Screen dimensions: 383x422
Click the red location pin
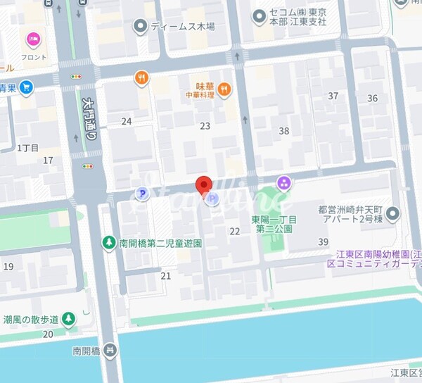pyautogui.click(x=203, y=185)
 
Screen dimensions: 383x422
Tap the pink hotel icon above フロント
pyautogui.click(x=32, y=40)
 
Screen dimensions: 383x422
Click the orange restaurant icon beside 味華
pyautogui.click(x=224, y=89)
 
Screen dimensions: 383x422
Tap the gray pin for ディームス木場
pyautogui.click(x=141, y=27)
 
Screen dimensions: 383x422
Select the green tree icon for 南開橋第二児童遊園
pyautogui.click(x=109, y=243)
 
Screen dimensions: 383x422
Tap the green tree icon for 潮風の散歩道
pyautogui.click(x=68, y=319)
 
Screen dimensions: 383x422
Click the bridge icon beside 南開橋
pyautogui.click(x=109, y=350)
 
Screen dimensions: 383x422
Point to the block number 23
pyautogui.click(x=205, y=126)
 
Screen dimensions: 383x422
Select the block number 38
pyautogui.click(x=284, y=130)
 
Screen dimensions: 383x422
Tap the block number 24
pyautogui.click(x=127, y=121)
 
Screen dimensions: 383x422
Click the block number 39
pyautogui.click(x=323, y=242)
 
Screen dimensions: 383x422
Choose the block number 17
pyautogui.click(x=48, y=161)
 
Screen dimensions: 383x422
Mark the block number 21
pyautogui.click(x=165, y=276)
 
